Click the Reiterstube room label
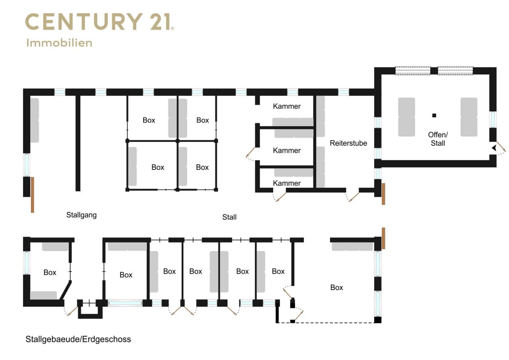point(348,143)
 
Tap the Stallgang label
point(82,215)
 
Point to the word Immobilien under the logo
point(59,43)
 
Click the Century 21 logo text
point(99,21)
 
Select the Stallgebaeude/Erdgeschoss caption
point(78,339)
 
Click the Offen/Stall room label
point(438,139)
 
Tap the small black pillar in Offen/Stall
point(434,115)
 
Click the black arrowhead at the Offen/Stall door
point(494,148)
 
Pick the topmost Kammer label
point(287,106)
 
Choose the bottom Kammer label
point(287,183)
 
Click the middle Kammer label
point(287,150)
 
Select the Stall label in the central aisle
point(229,217)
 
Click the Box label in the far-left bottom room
point(50,272)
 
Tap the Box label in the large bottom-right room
point(336,288)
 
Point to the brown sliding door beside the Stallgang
point(33,195)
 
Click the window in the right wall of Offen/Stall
point(493,119)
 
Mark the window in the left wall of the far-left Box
point(27,263)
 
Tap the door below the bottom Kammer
point(280,197)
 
